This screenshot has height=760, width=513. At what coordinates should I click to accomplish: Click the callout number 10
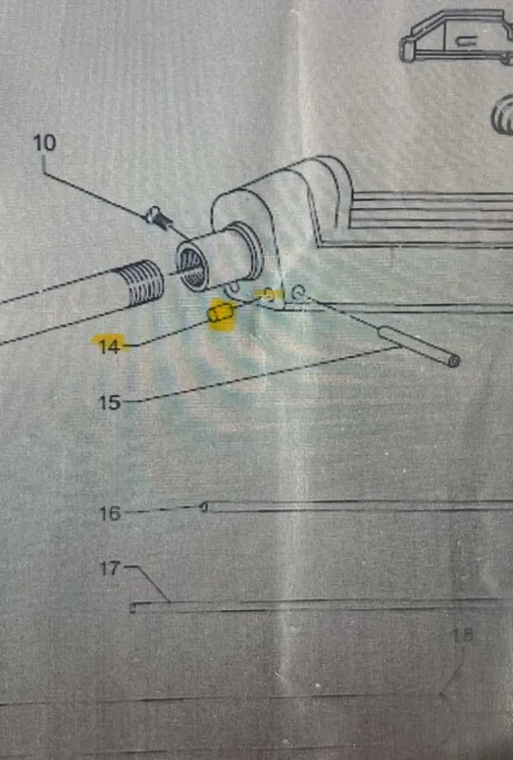(45, 143)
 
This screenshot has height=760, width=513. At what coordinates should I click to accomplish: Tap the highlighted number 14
(108, 346)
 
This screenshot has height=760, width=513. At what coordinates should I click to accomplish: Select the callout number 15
(109, 402)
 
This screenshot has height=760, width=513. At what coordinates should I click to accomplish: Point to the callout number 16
(109, 513)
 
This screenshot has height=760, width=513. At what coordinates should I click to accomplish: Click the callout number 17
(109, 568)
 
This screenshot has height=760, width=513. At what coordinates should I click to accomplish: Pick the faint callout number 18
(462, 635)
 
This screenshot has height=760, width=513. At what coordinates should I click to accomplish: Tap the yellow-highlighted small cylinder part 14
(221, 313)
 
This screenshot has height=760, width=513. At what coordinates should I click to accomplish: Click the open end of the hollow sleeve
(192, 268)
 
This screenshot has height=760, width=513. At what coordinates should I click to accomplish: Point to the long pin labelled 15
(418, 346)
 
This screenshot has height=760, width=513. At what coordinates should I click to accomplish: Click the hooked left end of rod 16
(204, 507)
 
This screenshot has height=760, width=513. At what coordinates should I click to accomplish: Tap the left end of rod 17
(133, 607)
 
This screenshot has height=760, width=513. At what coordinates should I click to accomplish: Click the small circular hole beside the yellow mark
(297, 291)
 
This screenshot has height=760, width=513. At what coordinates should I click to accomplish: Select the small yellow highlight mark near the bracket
(270, 294)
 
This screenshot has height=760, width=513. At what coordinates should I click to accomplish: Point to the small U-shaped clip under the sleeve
(233, 289)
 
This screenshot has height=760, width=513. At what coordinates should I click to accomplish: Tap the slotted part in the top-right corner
(456, 36)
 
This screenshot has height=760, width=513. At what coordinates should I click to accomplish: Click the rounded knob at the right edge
(503, 115)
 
